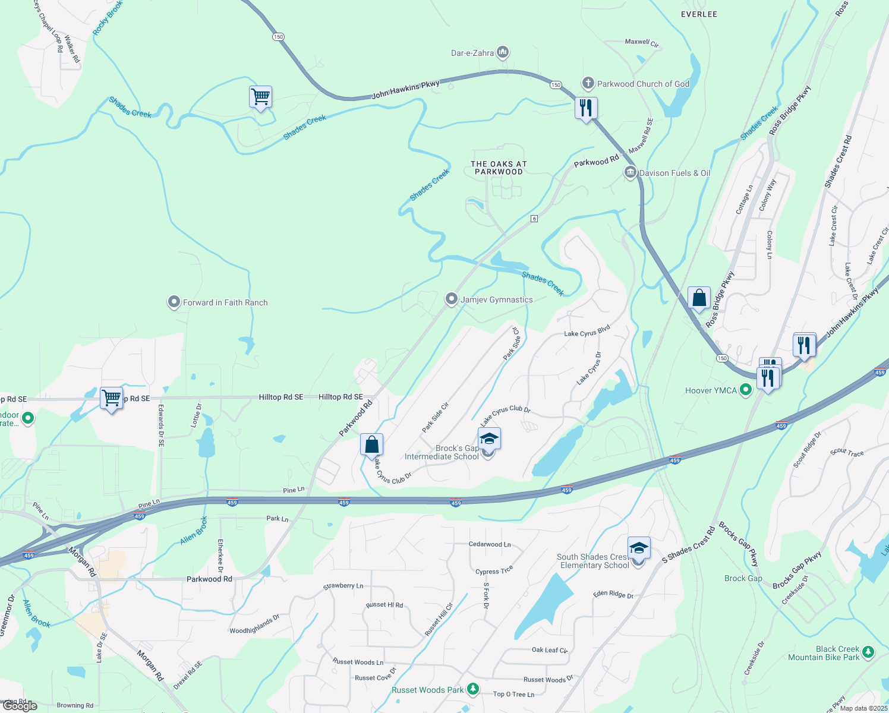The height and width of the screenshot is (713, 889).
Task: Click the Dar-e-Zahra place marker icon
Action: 503,53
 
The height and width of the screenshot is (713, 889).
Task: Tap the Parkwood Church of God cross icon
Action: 588,84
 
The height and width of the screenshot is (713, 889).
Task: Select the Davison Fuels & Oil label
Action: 674,173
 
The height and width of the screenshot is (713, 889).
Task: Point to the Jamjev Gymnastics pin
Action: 452,299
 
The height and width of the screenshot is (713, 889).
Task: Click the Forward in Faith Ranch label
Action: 225,302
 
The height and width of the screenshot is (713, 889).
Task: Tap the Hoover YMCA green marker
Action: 746,390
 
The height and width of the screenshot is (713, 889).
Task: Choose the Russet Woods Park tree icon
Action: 473,689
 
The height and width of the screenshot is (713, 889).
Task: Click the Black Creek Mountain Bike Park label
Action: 824,653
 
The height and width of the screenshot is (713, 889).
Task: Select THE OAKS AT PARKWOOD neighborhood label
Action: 499,168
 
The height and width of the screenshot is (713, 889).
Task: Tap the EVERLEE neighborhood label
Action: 699,14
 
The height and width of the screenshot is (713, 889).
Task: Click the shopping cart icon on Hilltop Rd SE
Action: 112,398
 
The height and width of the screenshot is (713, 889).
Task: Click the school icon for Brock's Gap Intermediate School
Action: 489,440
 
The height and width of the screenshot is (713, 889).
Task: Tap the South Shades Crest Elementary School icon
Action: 639,548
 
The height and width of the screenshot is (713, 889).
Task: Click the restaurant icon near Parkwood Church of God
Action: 586,108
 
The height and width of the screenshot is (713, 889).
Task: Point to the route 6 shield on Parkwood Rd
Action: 534,219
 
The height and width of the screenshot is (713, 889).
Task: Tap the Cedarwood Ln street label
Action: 490,544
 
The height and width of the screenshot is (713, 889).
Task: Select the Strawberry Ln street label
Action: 343,586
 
